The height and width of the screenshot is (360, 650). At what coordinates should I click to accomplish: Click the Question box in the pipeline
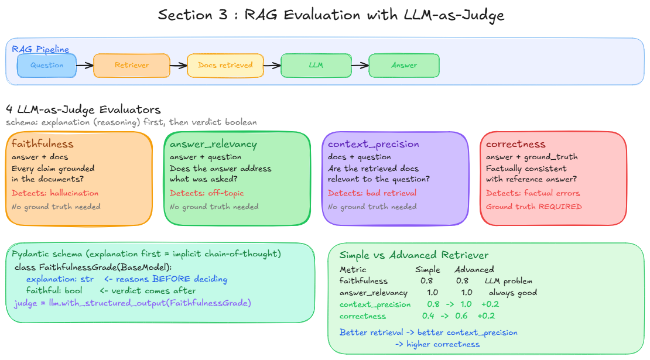point(47,66)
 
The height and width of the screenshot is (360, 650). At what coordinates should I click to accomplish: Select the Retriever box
point(132,66)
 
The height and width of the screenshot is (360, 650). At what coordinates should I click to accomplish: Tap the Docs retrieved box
point(225,66)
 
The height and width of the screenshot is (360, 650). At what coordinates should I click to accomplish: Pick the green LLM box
point(316,66)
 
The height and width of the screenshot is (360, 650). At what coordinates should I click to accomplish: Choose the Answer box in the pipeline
point(404,66)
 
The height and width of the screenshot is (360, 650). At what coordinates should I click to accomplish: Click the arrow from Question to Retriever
point(85,66)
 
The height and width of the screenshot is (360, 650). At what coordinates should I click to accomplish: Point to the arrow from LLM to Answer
point(360,66)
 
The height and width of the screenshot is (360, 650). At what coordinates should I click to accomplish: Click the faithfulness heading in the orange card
point(43,144)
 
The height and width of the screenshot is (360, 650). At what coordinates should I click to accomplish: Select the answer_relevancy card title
point(213,145)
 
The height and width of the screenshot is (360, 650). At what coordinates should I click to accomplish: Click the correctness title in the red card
point(515,144)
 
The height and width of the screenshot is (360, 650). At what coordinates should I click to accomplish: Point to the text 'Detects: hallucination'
point(55,193)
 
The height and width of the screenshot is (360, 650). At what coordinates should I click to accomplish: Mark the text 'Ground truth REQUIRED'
point(534,207)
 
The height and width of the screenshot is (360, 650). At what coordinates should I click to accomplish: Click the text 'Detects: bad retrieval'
point(372,193)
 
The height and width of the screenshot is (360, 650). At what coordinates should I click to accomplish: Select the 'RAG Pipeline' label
point(40,49)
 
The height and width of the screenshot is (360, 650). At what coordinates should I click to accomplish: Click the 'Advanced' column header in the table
point(474,270)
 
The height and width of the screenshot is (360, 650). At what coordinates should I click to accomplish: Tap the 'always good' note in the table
point(513,293)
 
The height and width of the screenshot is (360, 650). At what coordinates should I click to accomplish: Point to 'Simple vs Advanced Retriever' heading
point(414,255)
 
